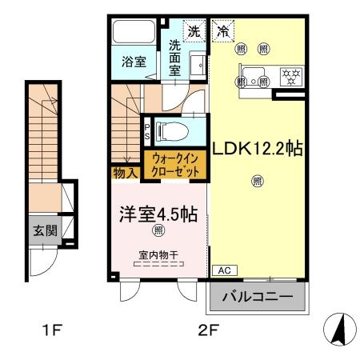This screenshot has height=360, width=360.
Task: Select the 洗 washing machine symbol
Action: [x=194, y=32]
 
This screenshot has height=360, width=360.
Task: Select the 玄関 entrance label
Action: [x=43, y=231]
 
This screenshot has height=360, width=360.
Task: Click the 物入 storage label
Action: [x=125, y=171]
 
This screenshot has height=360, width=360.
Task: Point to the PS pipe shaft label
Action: [x=147, y=130]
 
